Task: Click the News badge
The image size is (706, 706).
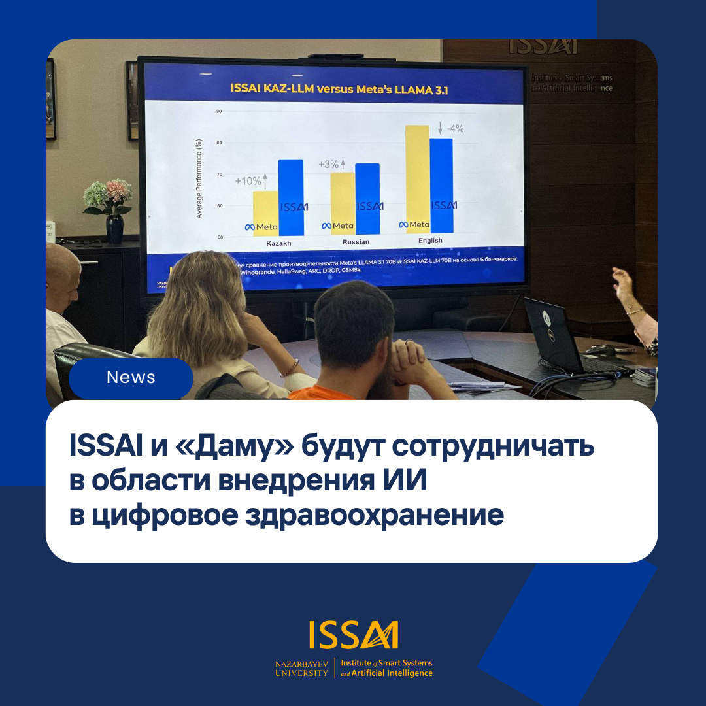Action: pyautogui.click(x=131, y=378)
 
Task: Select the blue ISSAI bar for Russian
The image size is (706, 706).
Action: pyautogui.click(x=368, y=199)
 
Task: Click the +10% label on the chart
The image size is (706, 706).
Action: pyautogui.click(x=248, y=181)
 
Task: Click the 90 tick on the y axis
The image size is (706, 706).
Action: pyautogui.click(x=219, y=112)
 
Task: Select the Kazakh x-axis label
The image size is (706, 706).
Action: pyautogui.click(x=279, y=243)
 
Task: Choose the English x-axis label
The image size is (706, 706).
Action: pyautogui.click(x=430, y=241)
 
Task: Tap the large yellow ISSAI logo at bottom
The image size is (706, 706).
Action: pyautogui.click(x=354, y=635)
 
